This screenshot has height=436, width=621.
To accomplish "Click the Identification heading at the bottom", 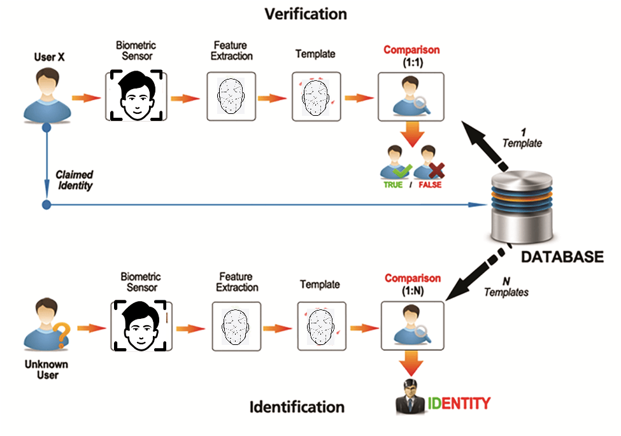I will [297, 407].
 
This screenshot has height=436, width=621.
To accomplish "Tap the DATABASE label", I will [562, 257].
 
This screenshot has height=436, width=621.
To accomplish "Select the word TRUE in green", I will [392, 185].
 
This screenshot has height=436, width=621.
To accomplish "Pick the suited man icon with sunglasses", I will [410, 398].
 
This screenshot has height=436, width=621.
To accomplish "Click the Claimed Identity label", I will [74, 180].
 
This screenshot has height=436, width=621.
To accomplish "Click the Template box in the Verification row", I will [315, 97].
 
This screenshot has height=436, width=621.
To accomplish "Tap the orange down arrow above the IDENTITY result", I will [411, 365].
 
